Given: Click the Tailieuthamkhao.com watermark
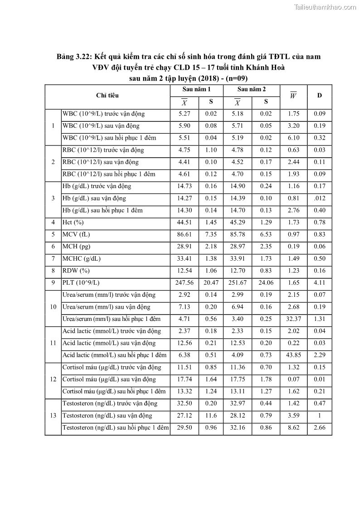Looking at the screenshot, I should click(325, 7).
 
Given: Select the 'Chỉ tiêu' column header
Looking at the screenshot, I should click(107, 96).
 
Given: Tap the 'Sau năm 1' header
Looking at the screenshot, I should click(196, 89).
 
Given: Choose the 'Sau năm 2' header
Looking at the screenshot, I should click(251, 89).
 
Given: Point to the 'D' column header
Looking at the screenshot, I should click(319, 96).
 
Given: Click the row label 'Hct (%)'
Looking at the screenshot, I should click(73, 223).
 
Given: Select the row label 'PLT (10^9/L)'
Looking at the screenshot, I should click(80, 283).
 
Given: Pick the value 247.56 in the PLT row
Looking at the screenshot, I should click(184, 283).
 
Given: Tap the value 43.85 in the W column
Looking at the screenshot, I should click(293, 355).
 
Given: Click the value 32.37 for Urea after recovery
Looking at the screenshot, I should click(293, 319).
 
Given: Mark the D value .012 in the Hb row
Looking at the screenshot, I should click(319, 199).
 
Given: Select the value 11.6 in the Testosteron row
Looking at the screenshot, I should click(211, 416).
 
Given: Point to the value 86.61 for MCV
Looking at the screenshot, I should click(184, 235).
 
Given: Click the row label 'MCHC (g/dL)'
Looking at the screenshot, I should click(81, 259).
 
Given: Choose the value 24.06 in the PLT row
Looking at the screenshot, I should click(266, 283).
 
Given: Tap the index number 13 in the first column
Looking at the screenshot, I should click(53, 416).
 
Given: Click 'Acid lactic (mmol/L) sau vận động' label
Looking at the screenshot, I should click(109, 343).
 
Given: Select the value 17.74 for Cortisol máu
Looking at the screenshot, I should click(184, 379).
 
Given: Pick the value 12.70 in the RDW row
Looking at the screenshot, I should click(238, 271).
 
